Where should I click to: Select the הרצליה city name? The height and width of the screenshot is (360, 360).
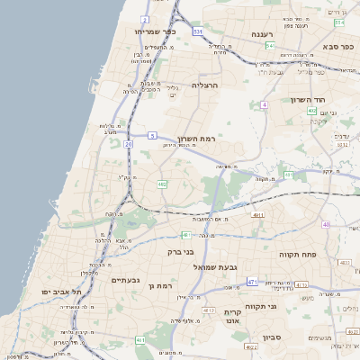click(204, 85)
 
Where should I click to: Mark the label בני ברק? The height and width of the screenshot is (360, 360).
click(181, 252)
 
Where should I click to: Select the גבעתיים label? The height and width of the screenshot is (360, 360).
click(125, 280)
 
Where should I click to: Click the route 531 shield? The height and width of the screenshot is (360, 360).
click(197, 31)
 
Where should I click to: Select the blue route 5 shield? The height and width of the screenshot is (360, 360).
click(153, 136)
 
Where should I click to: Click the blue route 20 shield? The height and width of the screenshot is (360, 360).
click(129, 143)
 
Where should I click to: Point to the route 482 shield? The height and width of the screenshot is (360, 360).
click(162, 184)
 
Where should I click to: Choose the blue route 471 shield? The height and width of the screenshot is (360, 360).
click(252, 282)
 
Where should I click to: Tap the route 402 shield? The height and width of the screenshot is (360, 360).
click(311, 111)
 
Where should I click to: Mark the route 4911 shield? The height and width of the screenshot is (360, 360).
click(258, 216)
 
